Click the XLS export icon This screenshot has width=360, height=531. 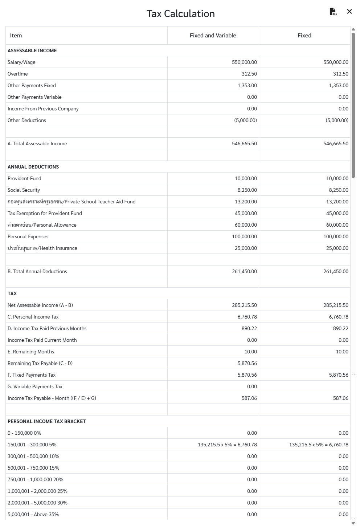(333, 12)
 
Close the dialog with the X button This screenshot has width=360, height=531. (349, 12)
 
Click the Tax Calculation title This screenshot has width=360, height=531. (180, 14)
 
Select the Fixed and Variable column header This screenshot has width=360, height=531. (213, 36)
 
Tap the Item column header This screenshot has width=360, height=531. (16, 36)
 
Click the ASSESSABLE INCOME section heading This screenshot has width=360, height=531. (32, 51)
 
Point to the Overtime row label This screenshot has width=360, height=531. (18, 74)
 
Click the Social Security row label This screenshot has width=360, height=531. (24, 190)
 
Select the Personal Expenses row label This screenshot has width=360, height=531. (28, 237)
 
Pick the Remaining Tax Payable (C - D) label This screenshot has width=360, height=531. (40, 364)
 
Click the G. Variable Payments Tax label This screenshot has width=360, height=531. (35, 387)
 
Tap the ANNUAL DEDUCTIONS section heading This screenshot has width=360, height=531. (33, 167)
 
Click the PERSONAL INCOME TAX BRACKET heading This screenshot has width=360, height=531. (47, 422)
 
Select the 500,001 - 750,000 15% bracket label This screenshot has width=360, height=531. (33, 468)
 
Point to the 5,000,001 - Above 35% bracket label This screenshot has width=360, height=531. (33, 515)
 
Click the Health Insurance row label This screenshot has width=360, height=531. (42, 248)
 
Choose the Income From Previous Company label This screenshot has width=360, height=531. (43, 109)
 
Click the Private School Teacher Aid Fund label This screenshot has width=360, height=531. (71, 202)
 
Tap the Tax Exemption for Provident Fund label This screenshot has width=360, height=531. (45, 214)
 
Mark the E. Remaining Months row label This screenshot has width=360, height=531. (31, 352)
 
